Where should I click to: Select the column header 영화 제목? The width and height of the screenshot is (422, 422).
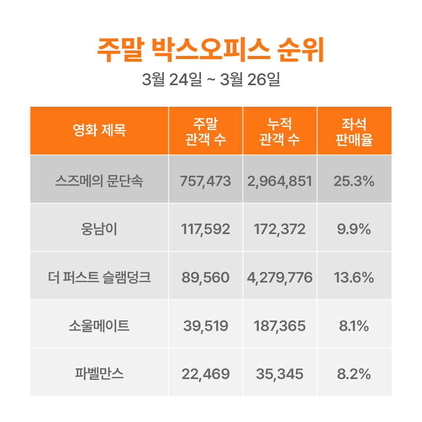point(99,131)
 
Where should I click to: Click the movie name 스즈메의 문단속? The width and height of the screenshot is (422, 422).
point(99,181)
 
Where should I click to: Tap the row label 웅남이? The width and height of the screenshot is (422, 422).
point(99,229)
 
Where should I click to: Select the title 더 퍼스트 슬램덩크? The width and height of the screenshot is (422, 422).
point(99,278)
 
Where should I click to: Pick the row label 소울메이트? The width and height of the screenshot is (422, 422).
point(99,326)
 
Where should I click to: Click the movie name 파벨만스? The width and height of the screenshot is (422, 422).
point(99,374)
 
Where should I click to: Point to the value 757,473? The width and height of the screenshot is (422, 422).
point(206,181)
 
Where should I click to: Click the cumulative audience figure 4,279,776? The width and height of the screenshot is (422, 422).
point(280,278)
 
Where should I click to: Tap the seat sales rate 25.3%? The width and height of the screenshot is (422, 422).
point(354,181)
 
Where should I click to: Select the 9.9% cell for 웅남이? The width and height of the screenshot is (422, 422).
point(354,229)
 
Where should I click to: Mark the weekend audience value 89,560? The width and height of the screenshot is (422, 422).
point(206,278)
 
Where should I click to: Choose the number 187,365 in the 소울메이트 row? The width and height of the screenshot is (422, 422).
point(280,326)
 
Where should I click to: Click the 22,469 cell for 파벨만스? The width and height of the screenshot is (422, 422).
point(206,374)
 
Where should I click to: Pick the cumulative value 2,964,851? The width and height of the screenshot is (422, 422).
point(280,181)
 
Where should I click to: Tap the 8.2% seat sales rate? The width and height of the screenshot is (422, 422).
point(354,374)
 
